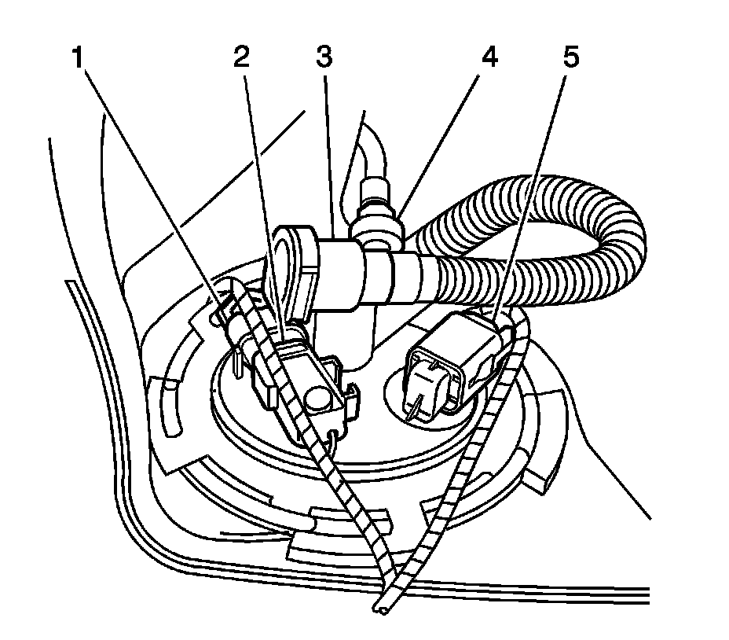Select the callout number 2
point(243,57)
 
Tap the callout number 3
point(322,57)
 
